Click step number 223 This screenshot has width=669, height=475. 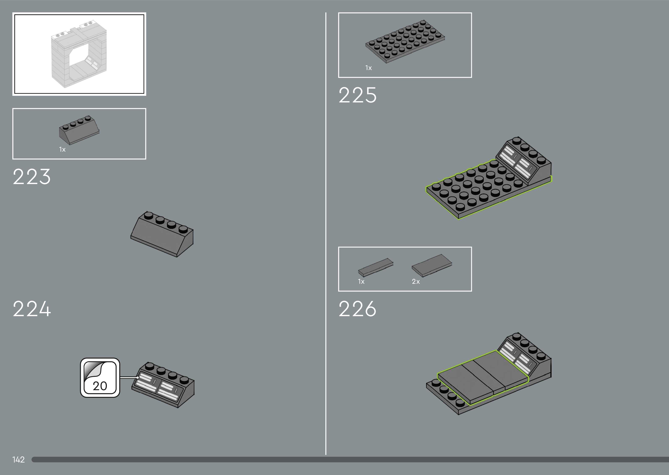click(32, 177)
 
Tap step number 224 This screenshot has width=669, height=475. click(32, 309)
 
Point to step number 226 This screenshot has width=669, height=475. click(357, 309)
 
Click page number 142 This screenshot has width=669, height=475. click(18, 460)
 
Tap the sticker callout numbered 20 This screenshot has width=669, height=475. click(100, 378)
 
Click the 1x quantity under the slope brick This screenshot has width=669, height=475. click(62, 150)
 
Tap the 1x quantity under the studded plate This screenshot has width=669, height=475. click(368, 68)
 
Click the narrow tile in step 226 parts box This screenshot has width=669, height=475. click(376, 267)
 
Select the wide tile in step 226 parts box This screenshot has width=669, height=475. click(432, 265)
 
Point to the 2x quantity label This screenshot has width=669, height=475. click(416, 281)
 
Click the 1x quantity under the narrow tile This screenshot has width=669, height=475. click(361, 281)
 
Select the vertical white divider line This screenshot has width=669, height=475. click(326, 234)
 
